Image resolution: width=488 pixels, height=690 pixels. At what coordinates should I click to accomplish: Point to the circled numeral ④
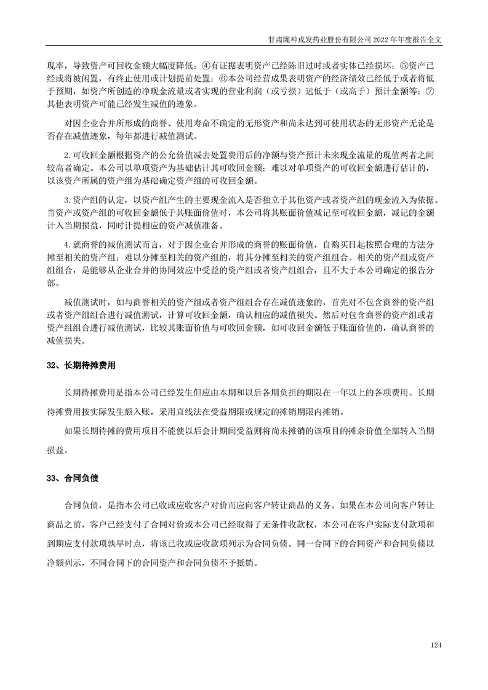point(206,65)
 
